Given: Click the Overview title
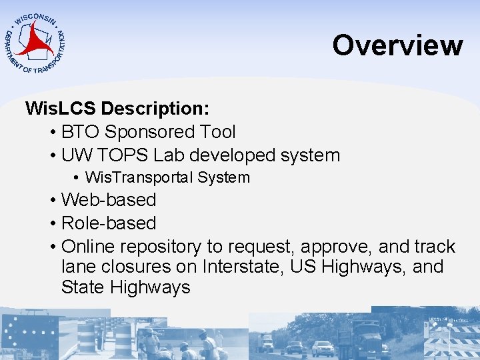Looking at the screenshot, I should coord(397,45).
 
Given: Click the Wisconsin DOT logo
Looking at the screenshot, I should coord(35,41).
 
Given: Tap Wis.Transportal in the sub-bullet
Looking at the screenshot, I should coord(137,177).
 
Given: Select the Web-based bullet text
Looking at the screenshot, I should coord(109,200).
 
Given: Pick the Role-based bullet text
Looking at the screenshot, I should coord(109,223).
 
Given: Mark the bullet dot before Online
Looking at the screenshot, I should coord(52,247).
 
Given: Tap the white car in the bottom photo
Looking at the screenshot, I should coord(323,348).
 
